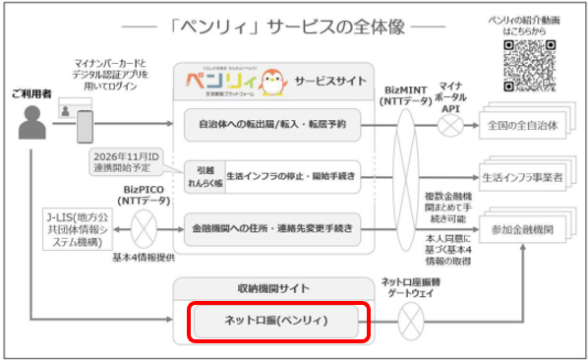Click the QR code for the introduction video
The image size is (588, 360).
point(535,65)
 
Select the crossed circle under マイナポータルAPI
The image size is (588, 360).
point(452,126)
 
